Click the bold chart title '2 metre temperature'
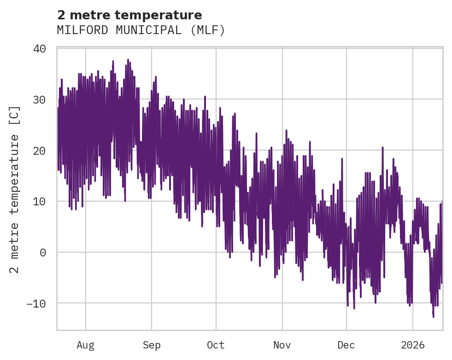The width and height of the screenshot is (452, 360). [129, 15]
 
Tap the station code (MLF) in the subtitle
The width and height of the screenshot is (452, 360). [209, 30]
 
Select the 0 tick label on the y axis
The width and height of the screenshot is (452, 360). [42, 252]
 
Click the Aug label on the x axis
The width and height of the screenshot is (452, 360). [85, 345]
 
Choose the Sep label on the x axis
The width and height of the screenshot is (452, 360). [151, 345]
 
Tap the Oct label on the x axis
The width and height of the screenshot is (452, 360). [216, 345]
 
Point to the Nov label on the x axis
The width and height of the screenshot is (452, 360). [282, 345]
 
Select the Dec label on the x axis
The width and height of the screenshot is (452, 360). [346, 345]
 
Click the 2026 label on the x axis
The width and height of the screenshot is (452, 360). [413, 345]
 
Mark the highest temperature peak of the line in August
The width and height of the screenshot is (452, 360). [128, 59]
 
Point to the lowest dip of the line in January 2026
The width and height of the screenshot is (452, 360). [433, 317]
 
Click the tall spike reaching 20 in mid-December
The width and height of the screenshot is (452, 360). [383, 147]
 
